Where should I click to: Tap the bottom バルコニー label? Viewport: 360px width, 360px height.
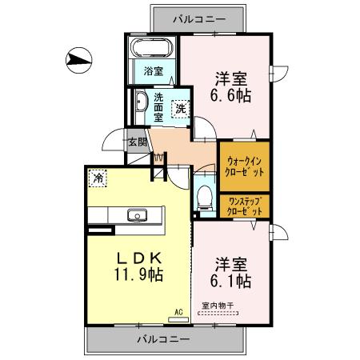click(162, 338)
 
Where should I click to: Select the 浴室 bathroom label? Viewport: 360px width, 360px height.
click(154, 70)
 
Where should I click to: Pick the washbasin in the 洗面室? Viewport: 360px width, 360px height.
click(140, 103)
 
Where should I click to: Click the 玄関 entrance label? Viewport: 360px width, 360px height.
click(138, 142)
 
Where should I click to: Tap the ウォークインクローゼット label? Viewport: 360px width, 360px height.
click(244, 166)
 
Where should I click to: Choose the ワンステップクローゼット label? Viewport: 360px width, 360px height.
click(244, 206)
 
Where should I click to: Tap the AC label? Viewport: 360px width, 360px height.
click(179, 310)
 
